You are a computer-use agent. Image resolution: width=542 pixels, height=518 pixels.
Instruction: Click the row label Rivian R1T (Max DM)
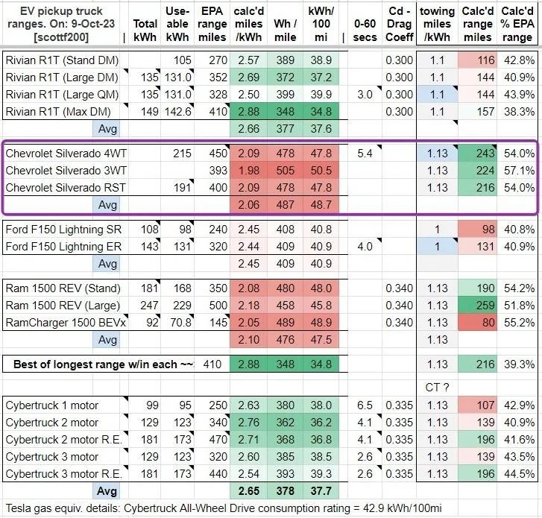pyautogui.click(x=58, y=112)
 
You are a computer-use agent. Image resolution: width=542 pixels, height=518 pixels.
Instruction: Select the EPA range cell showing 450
pyautogui.click(x=218, y=153)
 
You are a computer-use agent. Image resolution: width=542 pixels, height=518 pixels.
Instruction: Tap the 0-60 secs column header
pyautogui.click(x=365, y=31)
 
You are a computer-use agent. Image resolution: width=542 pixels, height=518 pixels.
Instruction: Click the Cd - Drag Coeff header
pyautogui.click(x=400, y=24)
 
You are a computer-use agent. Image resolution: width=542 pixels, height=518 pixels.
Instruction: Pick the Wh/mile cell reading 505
pyautogui.click(x=286, y=171)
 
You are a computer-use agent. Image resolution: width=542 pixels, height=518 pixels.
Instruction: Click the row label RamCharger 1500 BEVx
pyautogui.click(x=66, y=323)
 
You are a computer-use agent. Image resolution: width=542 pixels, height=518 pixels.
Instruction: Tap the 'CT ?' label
pyautogui.click(x=438, y=388)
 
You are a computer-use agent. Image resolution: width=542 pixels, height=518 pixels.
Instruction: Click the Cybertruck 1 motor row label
pyautogui.click(x=52, y=405)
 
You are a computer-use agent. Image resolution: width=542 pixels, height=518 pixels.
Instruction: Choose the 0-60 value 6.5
pyautogui.click(x=365, y=405)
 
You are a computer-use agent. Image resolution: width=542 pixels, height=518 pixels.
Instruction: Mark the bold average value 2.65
pyautogui.click(x=248, y=490)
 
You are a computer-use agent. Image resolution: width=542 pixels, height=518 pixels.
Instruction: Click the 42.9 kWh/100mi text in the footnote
pyautogui.click(x=403, y=508)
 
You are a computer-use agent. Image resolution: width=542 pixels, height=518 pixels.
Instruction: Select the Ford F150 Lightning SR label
pyautogui.click(x=63, y=229)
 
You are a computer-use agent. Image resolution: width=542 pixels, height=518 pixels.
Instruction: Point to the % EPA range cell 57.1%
pyautogui.click(x=519, y=171)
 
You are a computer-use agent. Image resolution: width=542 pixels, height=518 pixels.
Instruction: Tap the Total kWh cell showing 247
pyautogui.click(x=149, y=305)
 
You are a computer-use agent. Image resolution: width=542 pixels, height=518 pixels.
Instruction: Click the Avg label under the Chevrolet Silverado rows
pyautogui.click(x=107, y=204)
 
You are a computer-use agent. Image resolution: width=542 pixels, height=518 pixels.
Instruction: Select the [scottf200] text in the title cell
pyautogui.click(x=61, y=37)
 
